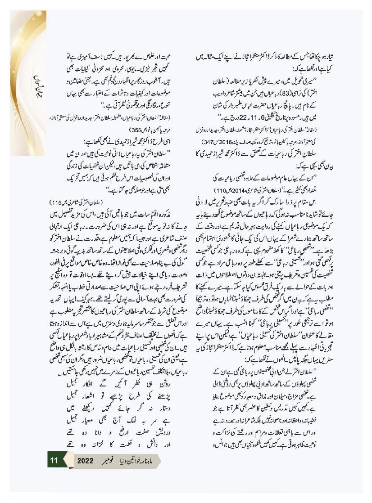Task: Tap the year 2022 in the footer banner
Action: click(x=85, y=460)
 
